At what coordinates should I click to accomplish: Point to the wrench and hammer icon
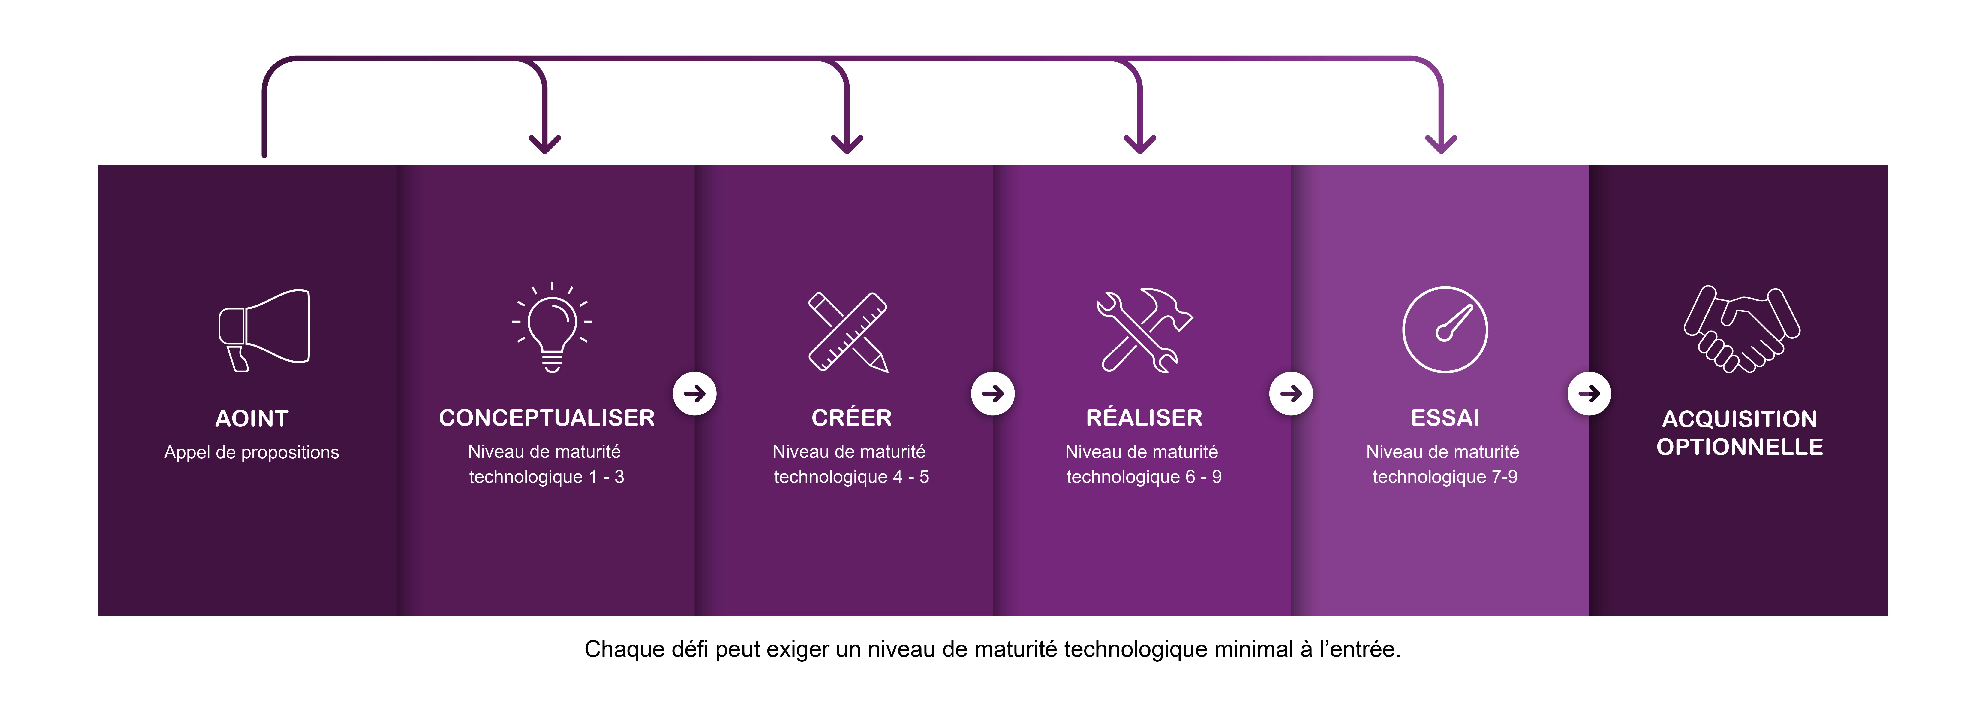click(1143, 330)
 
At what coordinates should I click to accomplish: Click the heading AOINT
click(251, 419)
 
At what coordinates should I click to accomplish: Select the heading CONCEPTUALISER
click(547, 418)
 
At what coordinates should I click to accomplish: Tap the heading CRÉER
click(851, 418)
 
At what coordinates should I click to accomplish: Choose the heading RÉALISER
click(1143, 418)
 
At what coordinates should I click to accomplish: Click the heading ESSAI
click(1445, 418)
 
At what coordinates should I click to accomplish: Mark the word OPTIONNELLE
click(1739, 447)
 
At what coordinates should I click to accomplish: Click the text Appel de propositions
click(251, 453)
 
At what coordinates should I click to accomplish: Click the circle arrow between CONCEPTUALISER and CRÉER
click(695, 393)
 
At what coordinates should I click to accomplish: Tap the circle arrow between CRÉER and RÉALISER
click(993, 393)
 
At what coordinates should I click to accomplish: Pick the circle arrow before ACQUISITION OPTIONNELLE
click(1589, 393)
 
